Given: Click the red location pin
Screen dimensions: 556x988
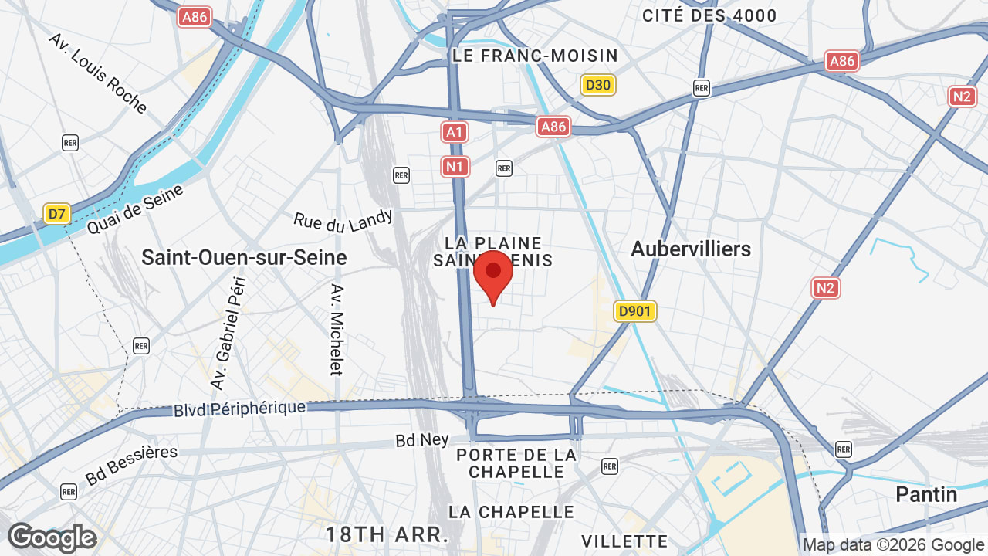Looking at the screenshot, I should [x=493, y=276].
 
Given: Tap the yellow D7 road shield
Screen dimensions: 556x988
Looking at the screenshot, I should [x=57, y=213].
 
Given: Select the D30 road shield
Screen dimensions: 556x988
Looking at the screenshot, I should [x=598, y=85].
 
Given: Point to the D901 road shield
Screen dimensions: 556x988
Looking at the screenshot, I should [x=635, y=311].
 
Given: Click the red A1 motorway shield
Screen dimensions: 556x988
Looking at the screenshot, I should [x=455, y=132].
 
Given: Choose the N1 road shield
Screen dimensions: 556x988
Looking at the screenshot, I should [x=455, y=166].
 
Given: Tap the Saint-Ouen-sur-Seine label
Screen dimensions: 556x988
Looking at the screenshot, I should [x=244, y=257].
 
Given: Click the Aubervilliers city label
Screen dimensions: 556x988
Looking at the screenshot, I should [x=691, y=249].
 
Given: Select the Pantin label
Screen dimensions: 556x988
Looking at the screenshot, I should [x=926, y=494].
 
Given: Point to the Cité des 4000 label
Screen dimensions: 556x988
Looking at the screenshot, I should [x=709, y=15].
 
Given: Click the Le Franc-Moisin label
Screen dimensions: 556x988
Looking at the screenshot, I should [x=536, y=56].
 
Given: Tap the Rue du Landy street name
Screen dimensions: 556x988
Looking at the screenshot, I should [x=343, y=220].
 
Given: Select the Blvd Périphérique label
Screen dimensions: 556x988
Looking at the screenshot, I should [x=239, y=409].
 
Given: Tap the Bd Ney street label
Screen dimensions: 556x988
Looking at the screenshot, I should [x=422, y=440].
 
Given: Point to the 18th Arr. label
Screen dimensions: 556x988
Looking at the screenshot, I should [x=387, y=534].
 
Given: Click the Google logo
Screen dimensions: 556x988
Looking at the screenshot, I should [x=52, y=538].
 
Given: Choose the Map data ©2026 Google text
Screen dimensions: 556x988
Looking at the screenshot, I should [x=895, y=545].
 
